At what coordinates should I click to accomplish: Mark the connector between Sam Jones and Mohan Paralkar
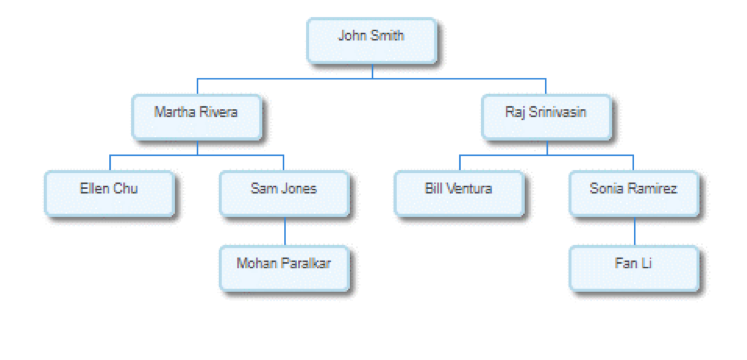284,232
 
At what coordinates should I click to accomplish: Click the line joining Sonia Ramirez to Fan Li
633,232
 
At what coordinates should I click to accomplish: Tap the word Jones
300,187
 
